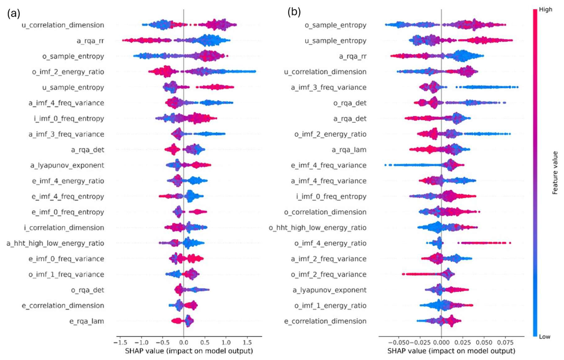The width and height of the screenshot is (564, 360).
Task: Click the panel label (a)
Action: (13, 13)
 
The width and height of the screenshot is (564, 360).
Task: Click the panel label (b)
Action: (294, 12)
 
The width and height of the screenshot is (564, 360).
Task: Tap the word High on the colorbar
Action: (546, 9)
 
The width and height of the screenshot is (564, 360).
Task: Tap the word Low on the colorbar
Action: (544, 337)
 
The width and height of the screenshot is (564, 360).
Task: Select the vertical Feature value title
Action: (555, 173)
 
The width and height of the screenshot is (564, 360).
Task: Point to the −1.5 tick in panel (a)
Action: (121, 343)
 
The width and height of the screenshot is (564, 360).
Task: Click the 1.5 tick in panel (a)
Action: (247, 343)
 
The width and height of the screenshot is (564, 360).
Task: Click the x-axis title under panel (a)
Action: (189, 351)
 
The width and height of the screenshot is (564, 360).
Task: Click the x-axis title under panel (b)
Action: (451, 351)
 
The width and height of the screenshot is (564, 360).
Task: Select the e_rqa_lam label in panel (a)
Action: (87, 321)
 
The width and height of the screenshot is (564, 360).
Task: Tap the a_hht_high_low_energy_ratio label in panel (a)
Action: (55, 243)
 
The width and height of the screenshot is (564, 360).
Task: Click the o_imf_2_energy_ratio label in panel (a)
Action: (68, 72)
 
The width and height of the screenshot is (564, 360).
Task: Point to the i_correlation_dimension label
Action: (64, 228)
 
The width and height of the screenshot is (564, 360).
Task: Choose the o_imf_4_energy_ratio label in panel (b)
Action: (330, 243)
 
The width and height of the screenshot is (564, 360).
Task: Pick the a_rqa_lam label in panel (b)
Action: (349, 150)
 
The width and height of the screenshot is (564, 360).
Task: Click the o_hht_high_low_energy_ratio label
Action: (317, 228)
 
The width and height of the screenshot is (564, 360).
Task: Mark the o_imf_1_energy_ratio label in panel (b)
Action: (330, 306)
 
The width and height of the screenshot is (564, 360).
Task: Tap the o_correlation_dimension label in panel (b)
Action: (325, 212)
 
